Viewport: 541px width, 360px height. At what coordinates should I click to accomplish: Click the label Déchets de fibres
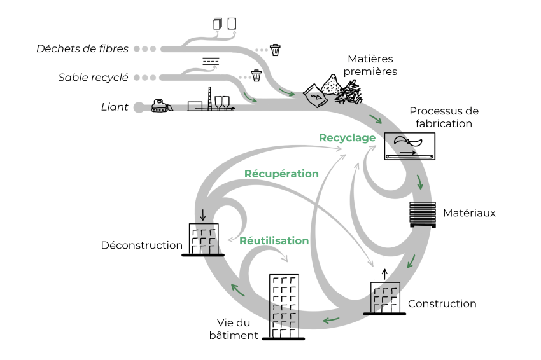(x=82, y=48)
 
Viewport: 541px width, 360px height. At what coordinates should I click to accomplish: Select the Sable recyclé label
(x=94, y=78)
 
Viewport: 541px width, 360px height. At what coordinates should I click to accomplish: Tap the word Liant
(x=115, y=107)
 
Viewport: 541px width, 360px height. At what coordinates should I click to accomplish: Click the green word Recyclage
(x=347, y=137)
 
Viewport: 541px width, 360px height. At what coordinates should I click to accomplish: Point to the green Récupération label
(x=281, y=173)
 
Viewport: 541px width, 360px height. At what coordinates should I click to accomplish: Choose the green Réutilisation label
(x=274, y=240)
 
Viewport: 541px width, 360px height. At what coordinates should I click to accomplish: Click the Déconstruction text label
(x=142, y=245)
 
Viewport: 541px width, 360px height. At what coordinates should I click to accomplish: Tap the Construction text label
(x=442, y=303)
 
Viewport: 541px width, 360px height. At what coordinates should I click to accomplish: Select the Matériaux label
(x=469, y=212)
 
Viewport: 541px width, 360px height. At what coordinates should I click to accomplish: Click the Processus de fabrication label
(x=444, y=117)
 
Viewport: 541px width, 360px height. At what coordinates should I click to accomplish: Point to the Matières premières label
(x=370, y=65)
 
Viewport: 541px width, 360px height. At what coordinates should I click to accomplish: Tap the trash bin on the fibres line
(x=275, y=49)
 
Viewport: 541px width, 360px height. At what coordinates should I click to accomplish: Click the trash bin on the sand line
(x=256, y=76)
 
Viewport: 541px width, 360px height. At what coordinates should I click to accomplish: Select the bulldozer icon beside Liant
(x=162, y=106)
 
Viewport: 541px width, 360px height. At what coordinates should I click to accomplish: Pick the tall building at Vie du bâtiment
(x=284, y=306)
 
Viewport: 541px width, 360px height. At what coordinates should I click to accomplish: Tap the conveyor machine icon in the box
(x=410, y=146)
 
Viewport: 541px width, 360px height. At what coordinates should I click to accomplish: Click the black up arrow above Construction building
(x=384, y=274)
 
